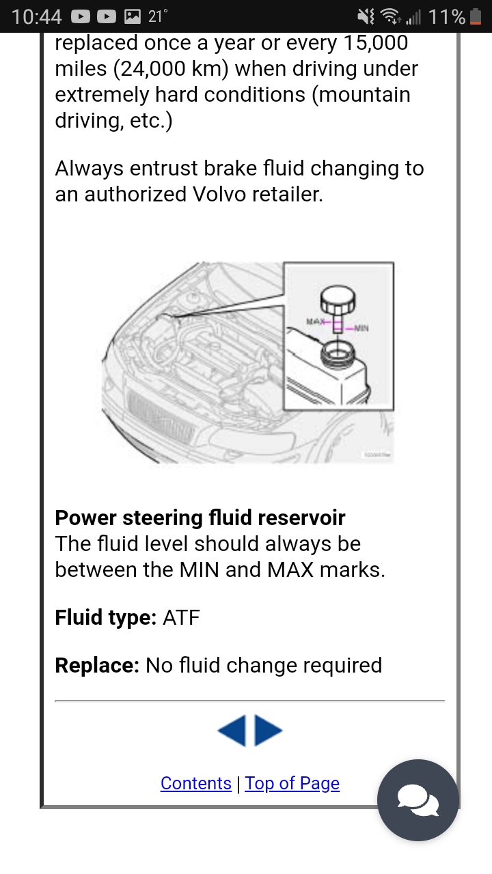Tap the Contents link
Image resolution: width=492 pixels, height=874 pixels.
click(196, 783)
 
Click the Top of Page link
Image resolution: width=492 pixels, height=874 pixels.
click(292, 783)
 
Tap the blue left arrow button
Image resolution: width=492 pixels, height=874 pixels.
click(232, 731)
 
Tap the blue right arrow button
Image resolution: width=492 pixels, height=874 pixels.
click(269, 731)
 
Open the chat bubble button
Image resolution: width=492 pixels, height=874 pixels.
click(418, 800)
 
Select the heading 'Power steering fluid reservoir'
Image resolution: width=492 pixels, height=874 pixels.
click(200, 518)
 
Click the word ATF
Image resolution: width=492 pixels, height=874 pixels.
click(181, 618)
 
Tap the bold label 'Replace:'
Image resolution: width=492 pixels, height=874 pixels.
click(97, 665)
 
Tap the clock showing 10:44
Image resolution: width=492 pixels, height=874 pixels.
click(37, 16)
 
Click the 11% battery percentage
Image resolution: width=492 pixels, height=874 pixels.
click(447, 16)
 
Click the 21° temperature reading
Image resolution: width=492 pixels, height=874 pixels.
click(158, 16)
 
